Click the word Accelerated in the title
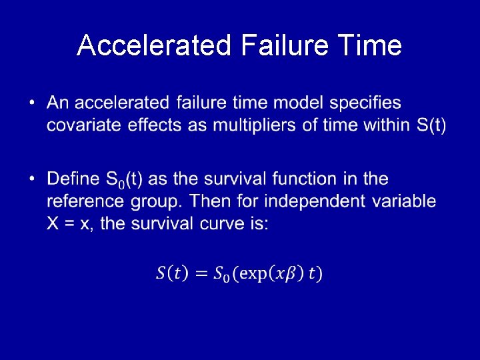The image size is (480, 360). [153, 46]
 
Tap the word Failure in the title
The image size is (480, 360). [283, 46]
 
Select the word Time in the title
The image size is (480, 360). [370, 46]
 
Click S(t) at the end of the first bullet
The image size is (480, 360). [430, 125]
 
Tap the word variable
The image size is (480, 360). [406, 201]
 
